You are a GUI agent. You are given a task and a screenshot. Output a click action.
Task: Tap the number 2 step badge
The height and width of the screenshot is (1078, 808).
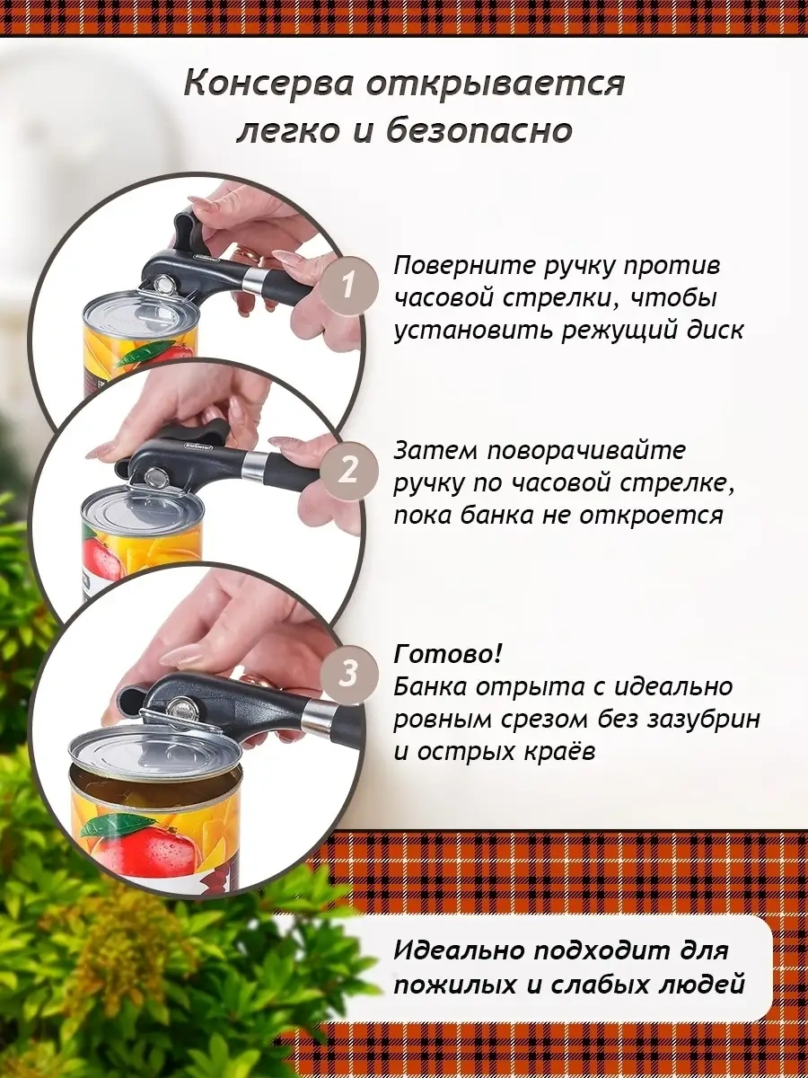click(x=348, y=469)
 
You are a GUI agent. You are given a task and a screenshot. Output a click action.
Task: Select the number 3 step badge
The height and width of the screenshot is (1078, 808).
click(x=349, y=673)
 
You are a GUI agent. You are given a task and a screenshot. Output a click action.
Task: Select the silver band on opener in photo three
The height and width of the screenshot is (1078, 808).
click(x=318, y=720)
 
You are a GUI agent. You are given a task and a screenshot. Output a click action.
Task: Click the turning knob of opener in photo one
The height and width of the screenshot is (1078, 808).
click(x=185, y=230)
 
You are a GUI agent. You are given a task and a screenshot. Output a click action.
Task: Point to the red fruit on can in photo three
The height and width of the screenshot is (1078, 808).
click(x=135, y=849)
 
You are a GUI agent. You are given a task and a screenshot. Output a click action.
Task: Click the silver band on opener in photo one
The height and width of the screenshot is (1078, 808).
click(x=254, y=281)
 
